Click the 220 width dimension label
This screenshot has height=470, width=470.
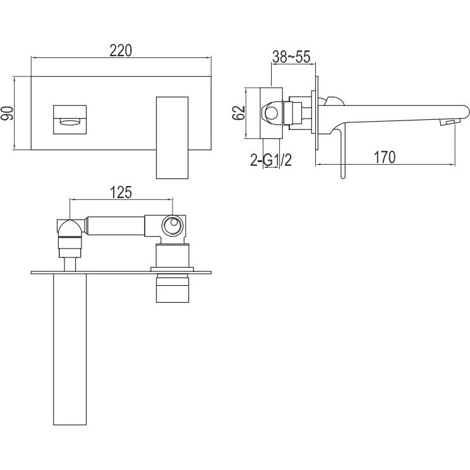click(x=121, y=50)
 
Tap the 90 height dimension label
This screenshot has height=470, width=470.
click(x=7, y=114)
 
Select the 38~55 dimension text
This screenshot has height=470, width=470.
click(x=291, y=57)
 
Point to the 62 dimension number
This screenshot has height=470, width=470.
click(x=239, y=113)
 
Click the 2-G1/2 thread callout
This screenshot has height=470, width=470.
click(x=271, y=160)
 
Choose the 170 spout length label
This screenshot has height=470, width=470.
click(x=385, y=157)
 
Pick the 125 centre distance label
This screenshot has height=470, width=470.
click(x=121, y=192)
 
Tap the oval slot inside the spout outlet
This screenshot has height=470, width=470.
click(x=70, y=121)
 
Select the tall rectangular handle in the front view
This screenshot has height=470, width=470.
click(x=172, y=138)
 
